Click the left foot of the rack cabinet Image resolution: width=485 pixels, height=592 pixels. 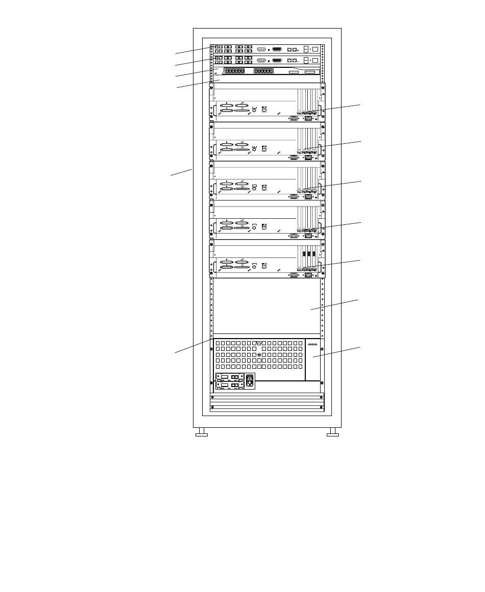202,434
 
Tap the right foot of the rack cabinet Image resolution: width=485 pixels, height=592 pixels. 333,434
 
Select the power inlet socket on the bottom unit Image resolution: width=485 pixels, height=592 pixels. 249,381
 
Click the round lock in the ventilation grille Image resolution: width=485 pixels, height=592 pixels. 259,355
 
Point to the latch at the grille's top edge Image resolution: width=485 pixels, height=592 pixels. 259,343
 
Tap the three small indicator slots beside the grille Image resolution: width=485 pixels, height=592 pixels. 312,344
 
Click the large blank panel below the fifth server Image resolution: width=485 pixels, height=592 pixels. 265,305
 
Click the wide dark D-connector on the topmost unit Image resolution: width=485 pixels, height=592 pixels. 277,49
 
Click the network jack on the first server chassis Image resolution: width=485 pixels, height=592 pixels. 264,109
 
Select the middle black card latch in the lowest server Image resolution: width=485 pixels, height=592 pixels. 308,253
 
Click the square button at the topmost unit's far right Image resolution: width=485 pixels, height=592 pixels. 315,49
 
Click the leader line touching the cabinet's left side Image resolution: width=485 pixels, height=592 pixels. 181,172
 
